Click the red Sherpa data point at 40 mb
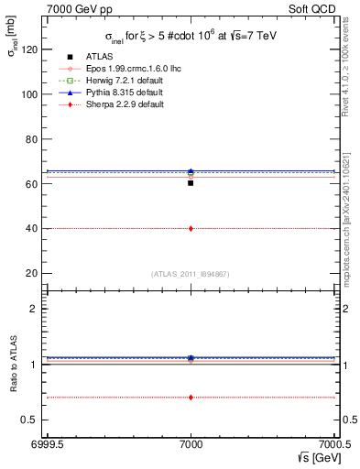point(191,228)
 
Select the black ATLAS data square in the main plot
point(191,183)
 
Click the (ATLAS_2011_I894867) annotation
point(191,274)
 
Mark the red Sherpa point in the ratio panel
point(191,397)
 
